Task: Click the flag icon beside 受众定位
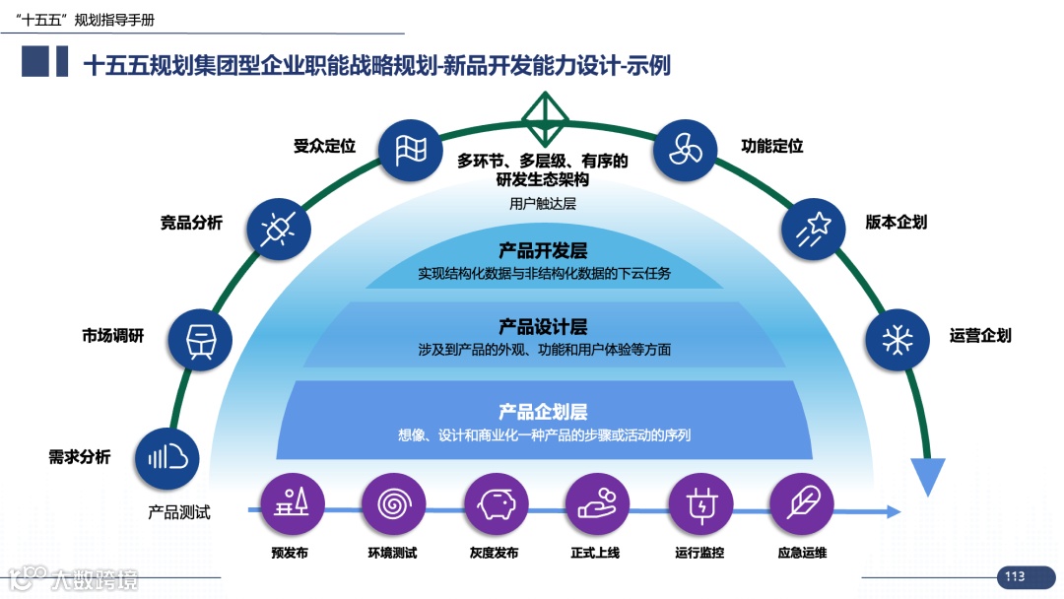[410, 151]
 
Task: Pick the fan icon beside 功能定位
[685, 151]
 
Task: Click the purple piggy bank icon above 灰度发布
[498, 503]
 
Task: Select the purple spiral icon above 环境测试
[394, 503]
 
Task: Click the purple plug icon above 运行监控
[700, 503]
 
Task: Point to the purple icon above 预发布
[291, 503]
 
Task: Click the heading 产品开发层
[543, 251]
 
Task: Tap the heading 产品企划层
[543, 412]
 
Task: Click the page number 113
[1015, 577]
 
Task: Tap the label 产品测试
[179, 512]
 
